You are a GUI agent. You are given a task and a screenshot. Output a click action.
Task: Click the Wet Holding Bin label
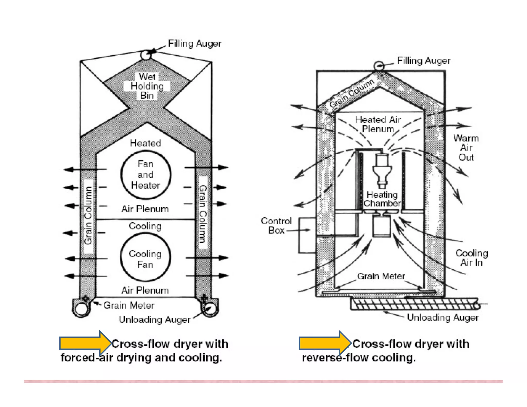point(147,86)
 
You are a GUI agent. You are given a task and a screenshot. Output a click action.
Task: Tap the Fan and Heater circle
point(146,175)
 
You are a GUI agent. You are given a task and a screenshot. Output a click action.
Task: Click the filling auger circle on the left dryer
point(146,55)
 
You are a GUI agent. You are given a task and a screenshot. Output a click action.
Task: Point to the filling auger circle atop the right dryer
point(379,66)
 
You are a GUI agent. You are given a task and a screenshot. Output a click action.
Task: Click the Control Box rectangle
point(307,235)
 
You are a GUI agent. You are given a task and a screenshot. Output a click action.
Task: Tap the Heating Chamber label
point(382,199)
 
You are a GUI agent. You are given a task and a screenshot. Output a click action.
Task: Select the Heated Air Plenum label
point(378,124)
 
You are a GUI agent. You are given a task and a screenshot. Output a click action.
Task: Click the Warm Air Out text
point(466,148)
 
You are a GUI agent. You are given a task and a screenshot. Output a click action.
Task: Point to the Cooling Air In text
point(472,258)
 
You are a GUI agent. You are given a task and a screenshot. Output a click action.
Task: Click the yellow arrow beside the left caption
point(85,343)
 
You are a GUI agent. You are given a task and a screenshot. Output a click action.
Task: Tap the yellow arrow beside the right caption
point(325,343)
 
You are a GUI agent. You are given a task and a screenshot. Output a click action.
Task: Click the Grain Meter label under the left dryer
point(129,305)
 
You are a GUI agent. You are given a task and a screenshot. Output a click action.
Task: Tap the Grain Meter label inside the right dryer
point(381,276)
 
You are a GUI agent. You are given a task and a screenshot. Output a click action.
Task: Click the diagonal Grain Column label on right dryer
point(351,94)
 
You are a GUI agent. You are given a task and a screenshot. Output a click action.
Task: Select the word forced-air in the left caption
point(87,358)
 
